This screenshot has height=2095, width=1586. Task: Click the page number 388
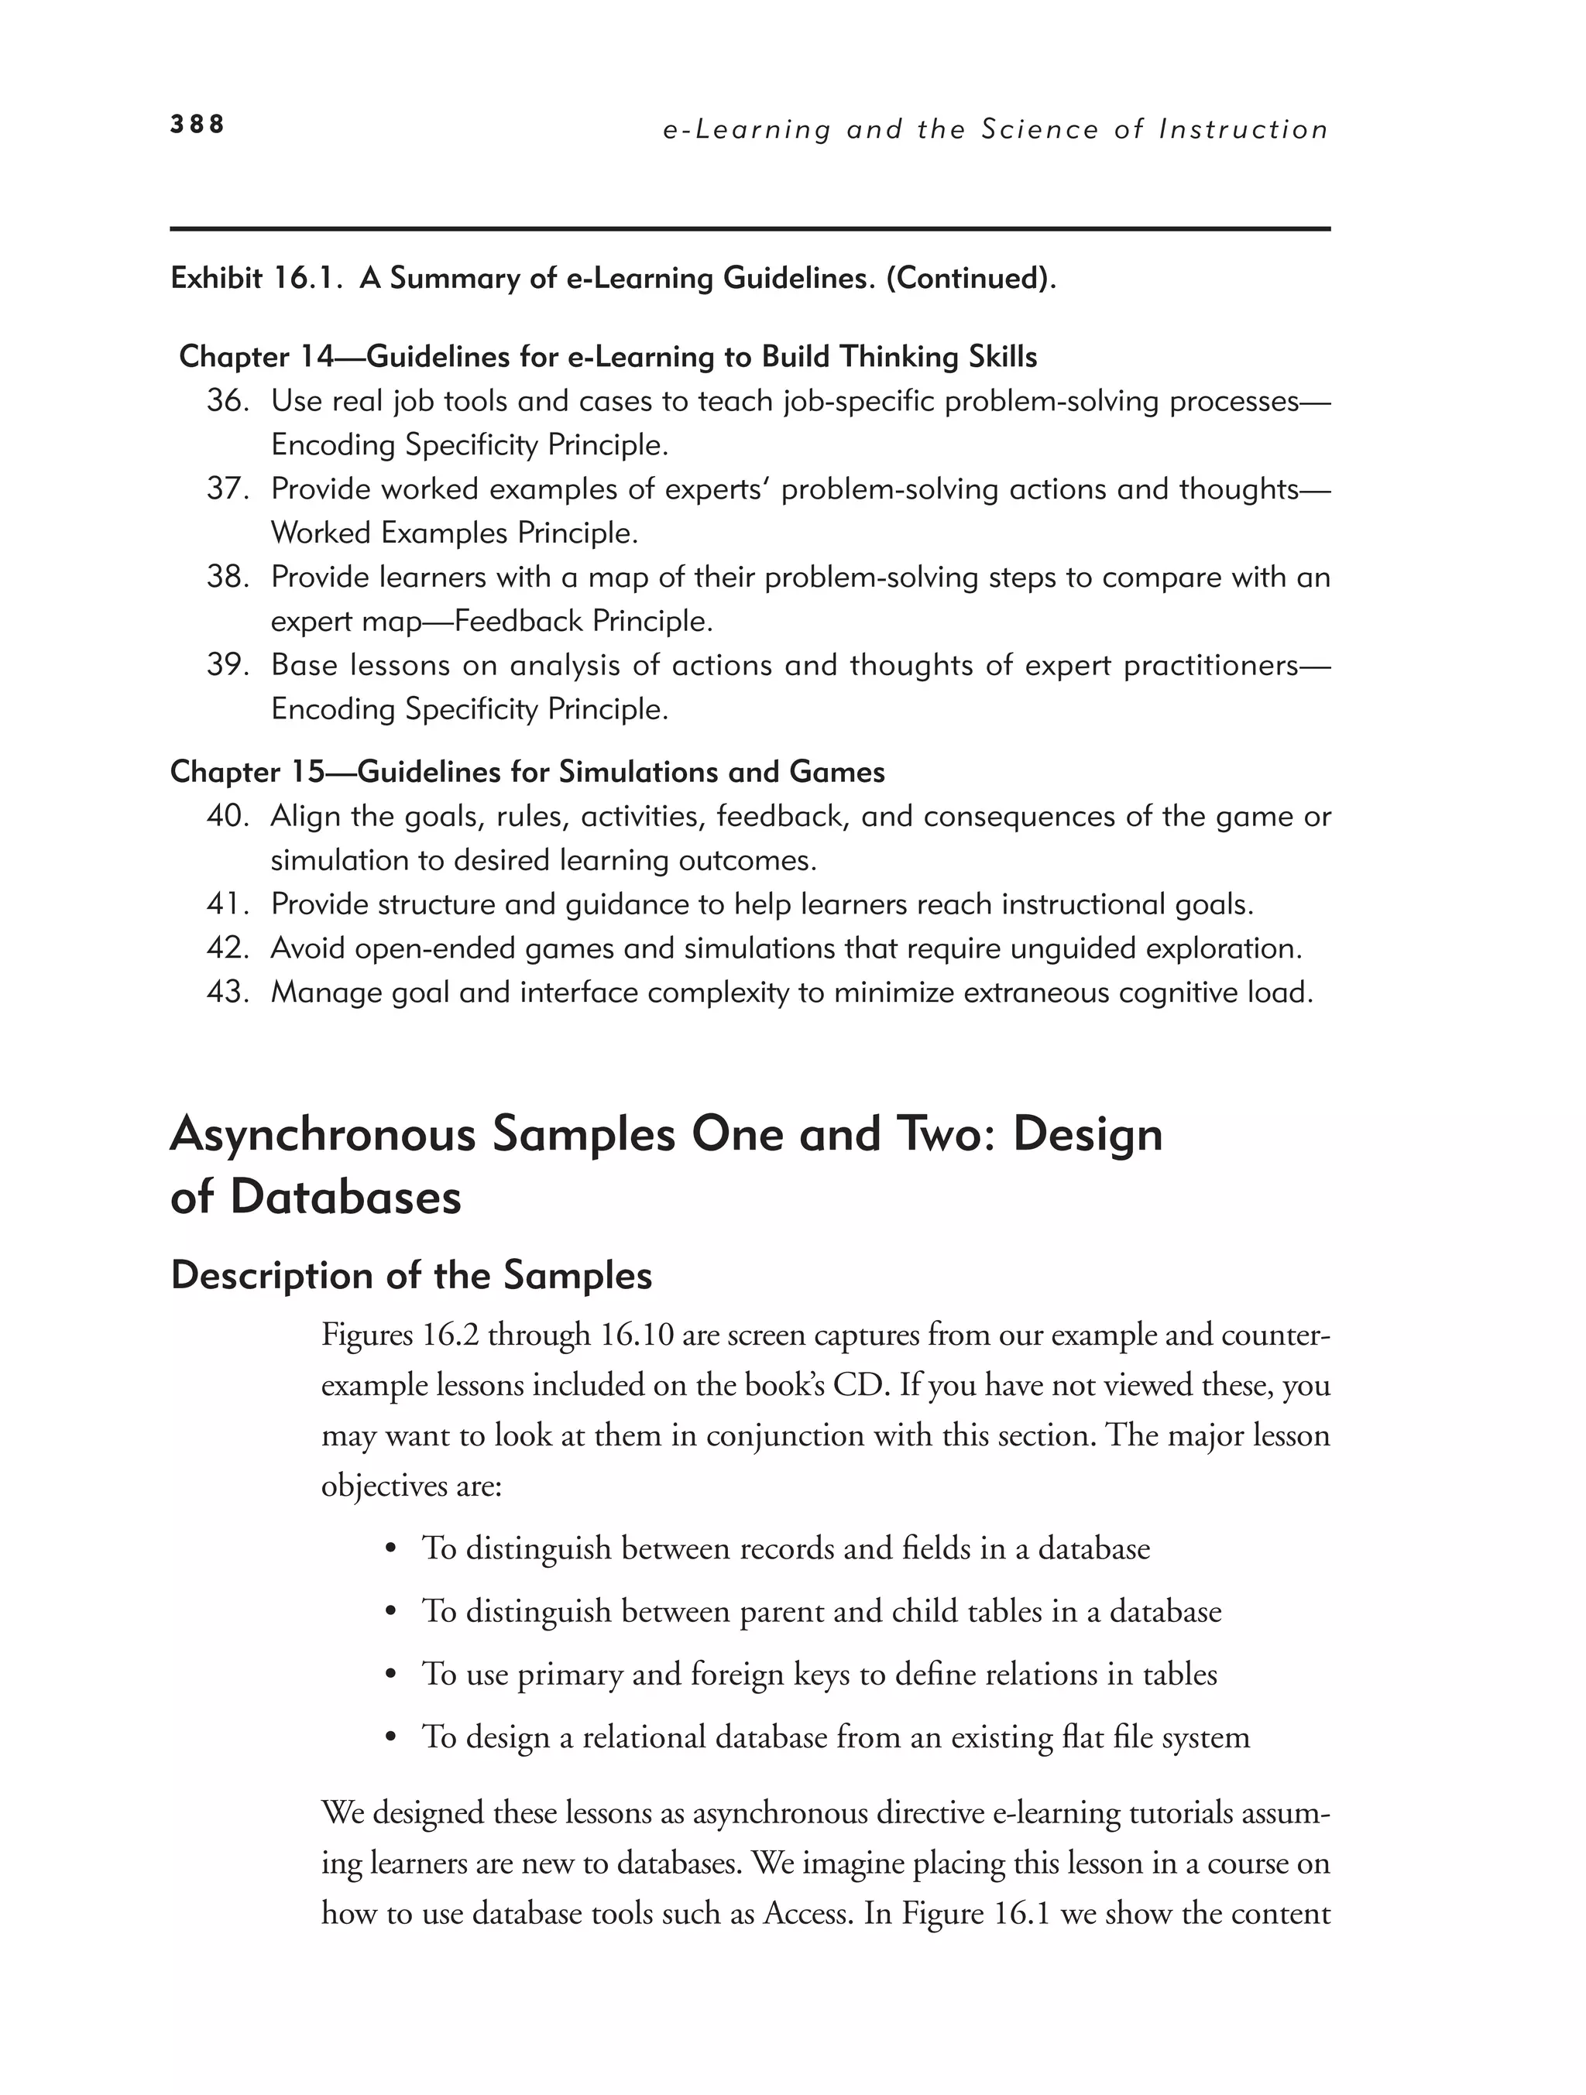(197, 124)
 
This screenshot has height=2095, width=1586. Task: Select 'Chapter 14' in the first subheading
(256, 357)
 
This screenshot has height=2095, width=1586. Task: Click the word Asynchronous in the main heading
(322, 1135)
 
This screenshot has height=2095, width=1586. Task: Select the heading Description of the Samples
(411, 1276)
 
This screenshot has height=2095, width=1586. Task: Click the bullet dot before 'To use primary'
(390, 1675)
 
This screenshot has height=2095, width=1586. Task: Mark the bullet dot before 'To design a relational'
(390, 1738)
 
